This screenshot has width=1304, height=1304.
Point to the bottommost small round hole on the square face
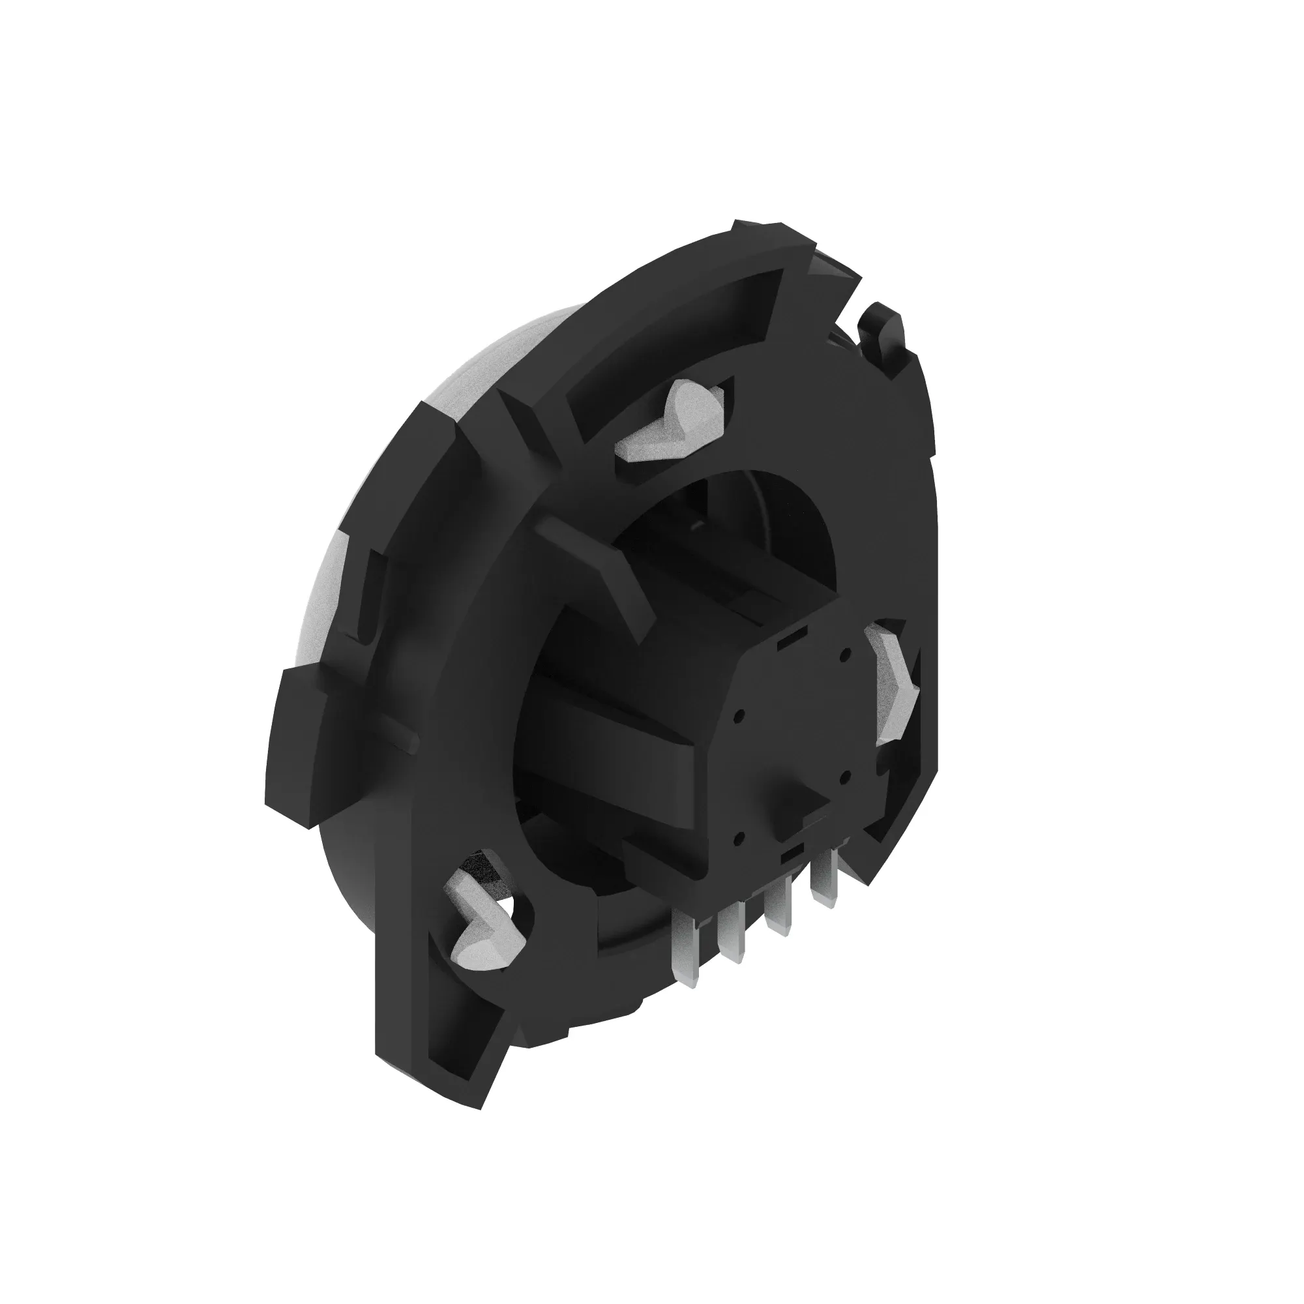(740, 838)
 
